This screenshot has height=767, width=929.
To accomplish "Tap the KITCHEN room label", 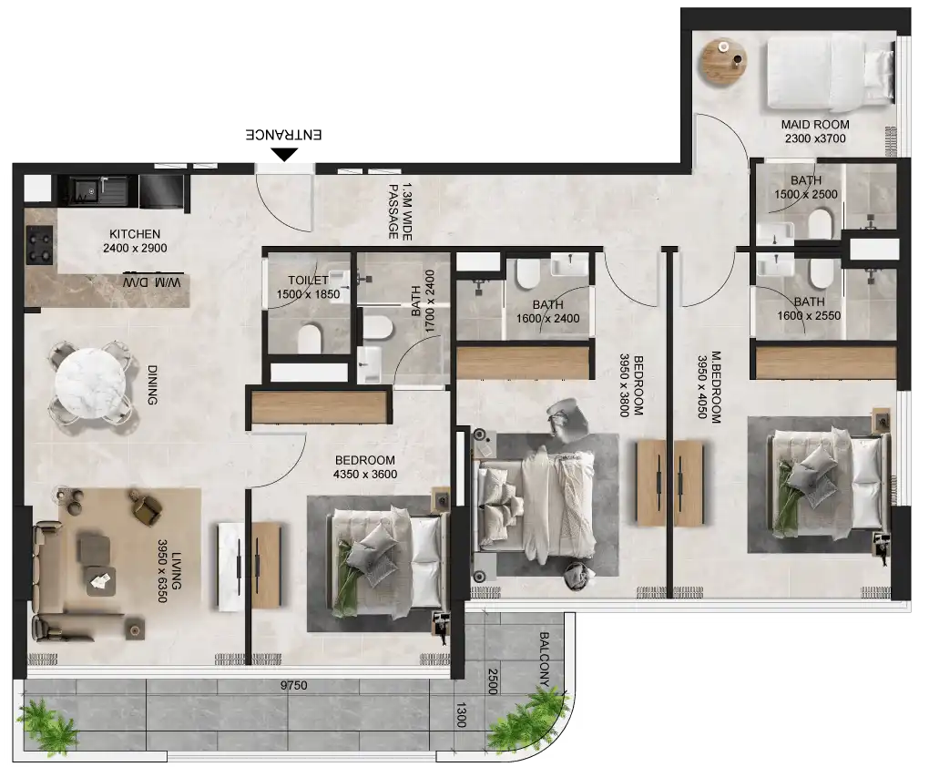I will [135, 240].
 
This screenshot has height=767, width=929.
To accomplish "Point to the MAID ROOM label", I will [815, 131].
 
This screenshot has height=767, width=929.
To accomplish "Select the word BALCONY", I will [545, 658].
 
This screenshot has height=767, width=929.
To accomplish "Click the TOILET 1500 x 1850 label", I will [308, 288].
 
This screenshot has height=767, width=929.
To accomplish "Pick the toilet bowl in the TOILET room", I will [311, 339].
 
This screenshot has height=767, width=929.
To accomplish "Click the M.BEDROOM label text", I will [710, 387].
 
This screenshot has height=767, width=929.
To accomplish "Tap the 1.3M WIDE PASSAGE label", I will [401, 210].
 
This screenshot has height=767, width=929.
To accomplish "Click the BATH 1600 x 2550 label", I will [808, 309].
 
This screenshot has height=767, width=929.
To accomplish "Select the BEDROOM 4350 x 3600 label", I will [364, 466].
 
